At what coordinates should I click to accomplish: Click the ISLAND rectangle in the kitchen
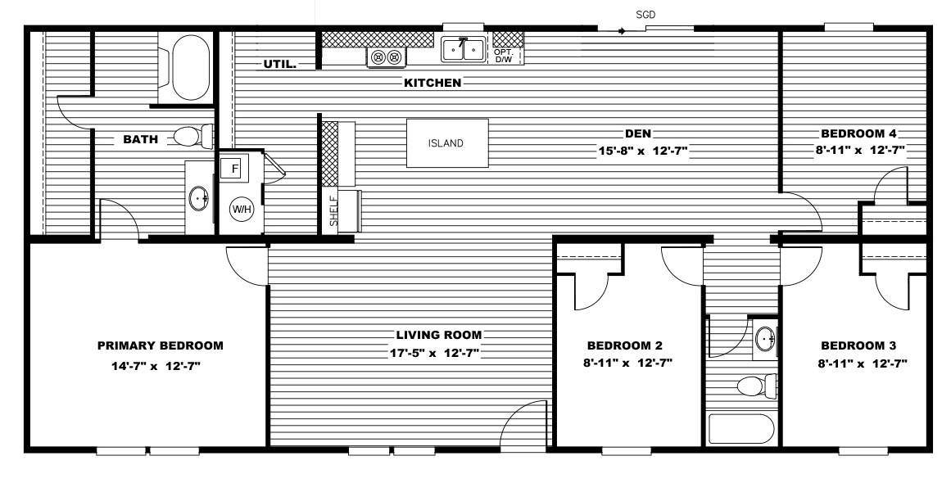(x=447, y=143)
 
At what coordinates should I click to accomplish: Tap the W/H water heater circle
(x=241, y=210)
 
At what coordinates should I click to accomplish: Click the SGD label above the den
(x=645, y=16)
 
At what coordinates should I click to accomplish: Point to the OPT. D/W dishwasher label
(x=504, y=56)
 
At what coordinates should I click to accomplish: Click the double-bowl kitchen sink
(x=464, y=50)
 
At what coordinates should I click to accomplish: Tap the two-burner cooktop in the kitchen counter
(x=387, y=57)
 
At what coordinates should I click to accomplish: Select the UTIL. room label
(x=279, y=64)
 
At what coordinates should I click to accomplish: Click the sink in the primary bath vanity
(x=199, y=198)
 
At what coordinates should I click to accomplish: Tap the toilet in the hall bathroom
(x=757, y=386)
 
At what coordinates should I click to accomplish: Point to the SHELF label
(x=333, y=211)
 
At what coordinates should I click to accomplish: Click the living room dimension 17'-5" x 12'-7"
(x=434, y=353)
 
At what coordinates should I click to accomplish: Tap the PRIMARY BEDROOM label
(x=160, y=345)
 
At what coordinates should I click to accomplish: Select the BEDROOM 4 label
(x=858, y=134)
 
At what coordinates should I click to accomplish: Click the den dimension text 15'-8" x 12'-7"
(x=643, y=151)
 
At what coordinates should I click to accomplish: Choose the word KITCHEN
(x=433, y=83)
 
